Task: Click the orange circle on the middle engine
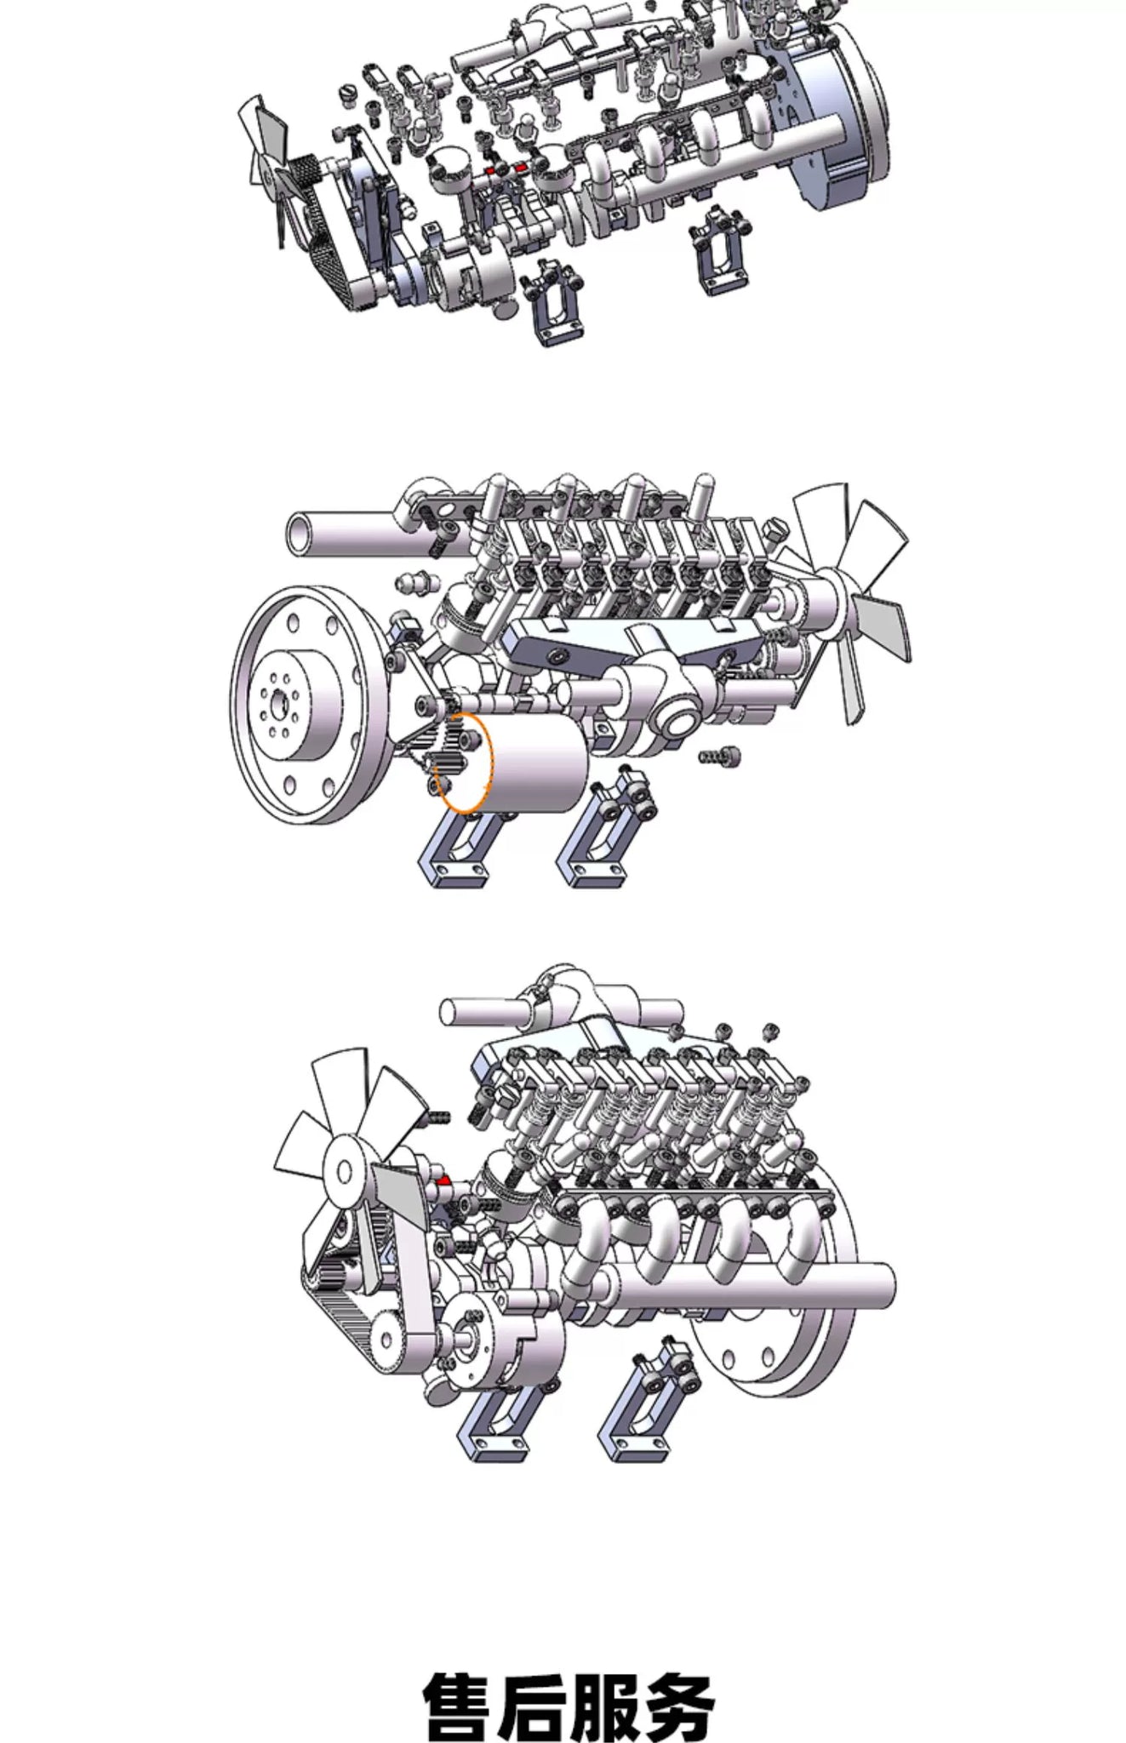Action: pyautogui.click(x=464, y=762)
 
